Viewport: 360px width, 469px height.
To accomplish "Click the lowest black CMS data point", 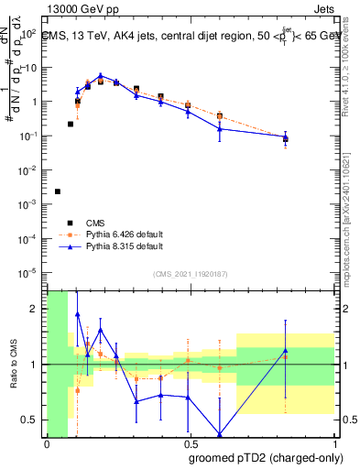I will [x=58, y=191].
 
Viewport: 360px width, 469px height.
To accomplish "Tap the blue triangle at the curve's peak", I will [x=101, y=76].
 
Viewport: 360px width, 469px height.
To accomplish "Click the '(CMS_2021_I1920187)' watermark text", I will [x=190, y=274].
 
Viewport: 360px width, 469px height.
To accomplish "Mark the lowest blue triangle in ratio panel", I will [x=220, y=434].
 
